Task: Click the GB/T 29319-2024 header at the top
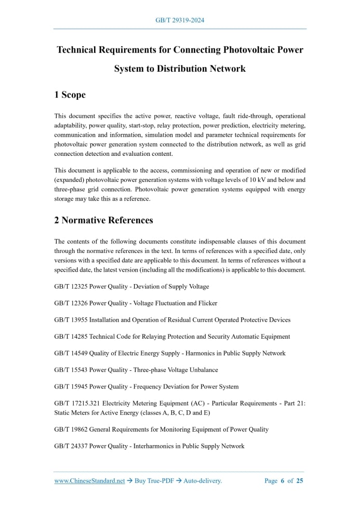click(x=180, y=20)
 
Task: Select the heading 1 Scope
click(x=70, y=95)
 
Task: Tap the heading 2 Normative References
click(x=103, y=220)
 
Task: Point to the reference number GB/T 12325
click(x=71, y=286)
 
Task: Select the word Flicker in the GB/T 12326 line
click(x=207, y=303)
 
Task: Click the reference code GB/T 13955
click(x=71, y=319)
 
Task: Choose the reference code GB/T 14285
click(x=71, y=337)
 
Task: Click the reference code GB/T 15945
click(x=71, y=386)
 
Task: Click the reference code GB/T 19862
click(x=71, y=430)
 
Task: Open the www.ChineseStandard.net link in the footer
click(x=89, y=481)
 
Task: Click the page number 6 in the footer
click(x=283, y=481)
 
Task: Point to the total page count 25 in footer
click(x=300, y=481)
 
